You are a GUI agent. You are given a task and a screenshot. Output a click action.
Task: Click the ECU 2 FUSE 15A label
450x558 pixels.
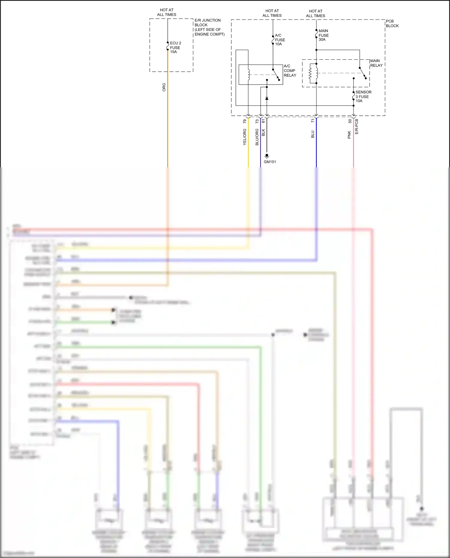tap(175, 47)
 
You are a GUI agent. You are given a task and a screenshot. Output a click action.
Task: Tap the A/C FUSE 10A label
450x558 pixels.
tap(280, 40)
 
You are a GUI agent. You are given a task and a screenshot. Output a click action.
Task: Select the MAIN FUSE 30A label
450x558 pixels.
tap(323, 35)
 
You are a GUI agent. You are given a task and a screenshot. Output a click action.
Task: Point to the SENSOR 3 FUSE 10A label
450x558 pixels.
tap(363, 97)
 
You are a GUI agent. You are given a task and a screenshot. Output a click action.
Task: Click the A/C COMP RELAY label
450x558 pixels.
tap(290, 71)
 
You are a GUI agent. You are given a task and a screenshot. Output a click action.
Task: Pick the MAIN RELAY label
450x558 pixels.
tap(376, 63)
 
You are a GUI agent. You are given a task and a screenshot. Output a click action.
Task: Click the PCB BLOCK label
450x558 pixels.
tap(392, 23)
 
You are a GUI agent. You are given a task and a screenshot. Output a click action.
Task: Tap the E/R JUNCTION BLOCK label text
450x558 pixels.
tap(209, 27)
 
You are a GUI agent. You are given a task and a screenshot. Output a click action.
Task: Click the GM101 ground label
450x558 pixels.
tap(270, 162)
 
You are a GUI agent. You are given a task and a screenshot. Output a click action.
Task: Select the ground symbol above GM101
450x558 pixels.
tap(267, 156)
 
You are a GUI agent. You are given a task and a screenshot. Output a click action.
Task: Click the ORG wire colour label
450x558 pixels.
tap(164, 87)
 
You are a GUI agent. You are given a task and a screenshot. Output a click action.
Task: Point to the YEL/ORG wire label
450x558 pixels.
tap(244, 137)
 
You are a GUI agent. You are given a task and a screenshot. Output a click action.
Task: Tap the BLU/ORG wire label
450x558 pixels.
tap(257, 137)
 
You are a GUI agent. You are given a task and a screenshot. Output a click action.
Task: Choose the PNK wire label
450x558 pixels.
tap(349, 135)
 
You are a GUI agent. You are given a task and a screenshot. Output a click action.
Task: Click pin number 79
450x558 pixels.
tap(244, 121)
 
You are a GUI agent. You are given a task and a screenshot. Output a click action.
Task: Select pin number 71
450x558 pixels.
tap(313, 121)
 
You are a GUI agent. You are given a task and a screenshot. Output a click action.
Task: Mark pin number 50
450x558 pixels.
tap(350, 121)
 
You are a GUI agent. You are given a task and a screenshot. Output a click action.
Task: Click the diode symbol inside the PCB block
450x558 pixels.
tap(267, 98)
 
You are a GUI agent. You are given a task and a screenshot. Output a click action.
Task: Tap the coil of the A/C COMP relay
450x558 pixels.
tap(248, 75)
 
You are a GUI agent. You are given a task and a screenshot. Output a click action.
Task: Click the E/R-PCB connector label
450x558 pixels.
tap(357, 127)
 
